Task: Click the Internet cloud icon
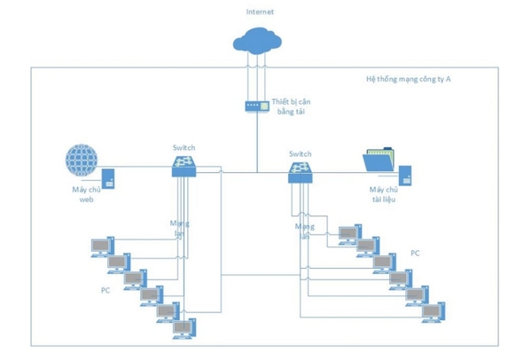coord(257,41)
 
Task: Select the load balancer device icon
coord(256,106)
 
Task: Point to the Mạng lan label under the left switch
coord(181,229)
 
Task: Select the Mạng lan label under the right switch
coord(305,232)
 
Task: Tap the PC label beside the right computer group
coord(415,253)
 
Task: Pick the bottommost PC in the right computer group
coord(433,312)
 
